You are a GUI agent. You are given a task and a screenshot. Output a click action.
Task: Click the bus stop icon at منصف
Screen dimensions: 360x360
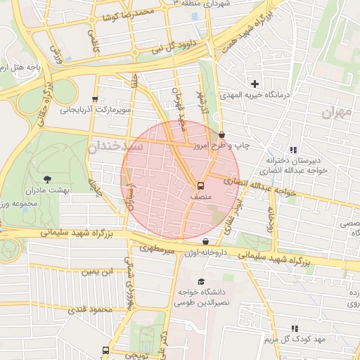pos(200,186)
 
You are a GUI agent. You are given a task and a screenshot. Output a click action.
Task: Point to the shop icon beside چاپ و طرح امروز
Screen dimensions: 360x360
pos(222,134)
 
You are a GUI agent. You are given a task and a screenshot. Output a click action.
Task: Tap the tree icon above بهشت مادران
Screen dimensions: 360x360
pos(47,179)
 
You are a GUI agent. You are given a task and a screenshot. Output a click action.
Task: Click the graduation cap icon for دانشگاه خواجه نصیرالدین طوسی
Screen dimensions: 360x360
pos(201,282)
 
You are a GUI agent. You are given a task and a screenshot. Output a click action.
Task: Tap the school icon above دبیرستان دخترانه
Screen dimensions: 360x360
pos(293,150)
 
